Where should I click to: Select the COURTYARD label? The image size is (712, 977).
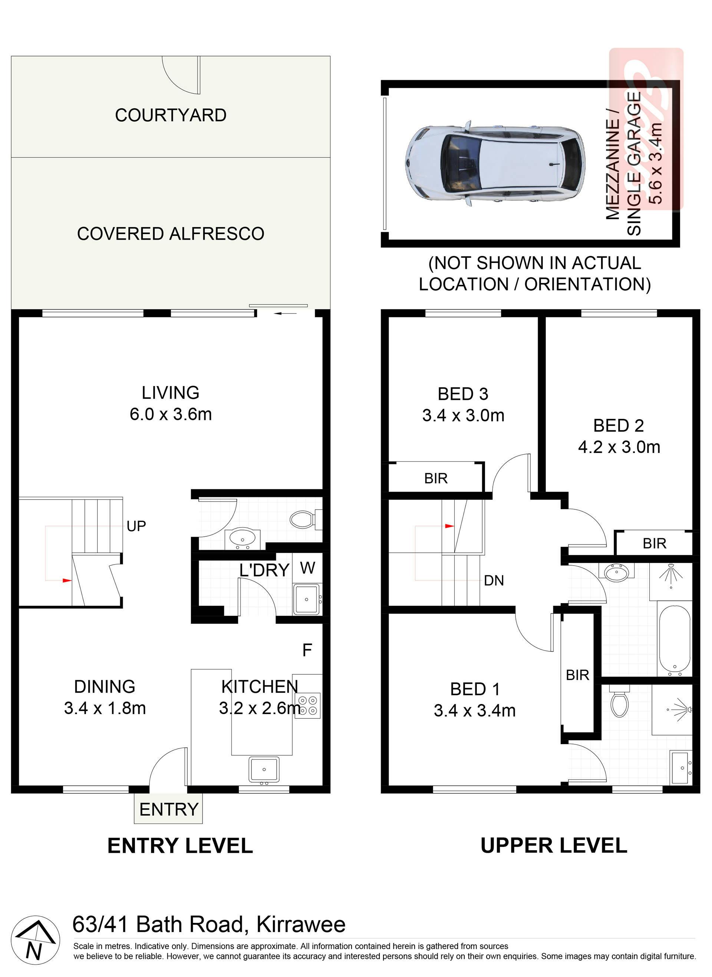[x=171, y=115]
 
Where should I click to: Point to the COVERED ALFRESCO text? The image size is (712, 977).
[x=171, y=234]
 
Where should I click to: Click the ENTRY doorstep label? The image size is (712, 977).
[x=168, y=809]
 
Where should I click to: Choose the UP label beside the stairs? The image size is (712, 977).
[x=136, y=526]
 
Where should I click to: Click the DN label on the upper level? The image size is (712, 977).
[x=494, y=580]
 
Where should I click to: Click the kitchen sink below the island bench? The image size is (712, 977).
[x=264, y=769]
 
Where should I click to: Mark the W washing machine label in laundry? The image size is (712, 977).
[x=307, y=568]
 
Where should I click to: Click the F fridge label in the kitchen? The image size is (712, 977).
[x=307, y=649]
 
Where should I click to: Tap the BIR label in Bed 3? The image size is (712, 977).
[x=436, y=478]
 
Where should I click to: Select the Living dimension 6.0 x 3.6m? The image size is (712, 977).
[x=171, y=414]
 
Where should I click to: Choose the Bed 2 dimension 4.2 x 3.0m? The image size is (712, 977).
[x=619, y=447]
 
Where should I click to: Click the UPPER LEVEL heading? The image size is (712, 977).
[x=554, y=846]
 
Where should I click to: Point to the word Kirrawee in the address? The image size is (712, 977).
[x=301, y=924]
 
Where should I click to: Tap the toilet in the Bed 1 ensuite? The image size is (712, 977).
[x=619, y=701]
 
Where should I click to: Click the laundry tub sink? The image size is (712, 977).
[x=306, y=599]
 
